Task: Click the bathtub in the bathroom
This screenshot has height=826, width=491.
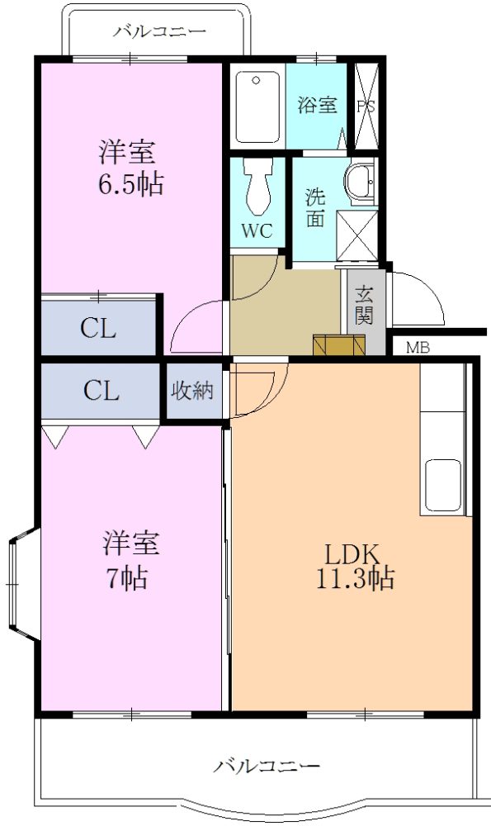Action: pyautogui.click(x=257, y=107)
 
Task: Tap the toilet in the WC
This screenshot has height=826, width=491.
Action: pyautogui.click(x=257, y=186)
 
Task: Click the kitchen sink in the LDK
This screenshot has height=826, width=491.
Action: pyautogui.click(x=442, y=485)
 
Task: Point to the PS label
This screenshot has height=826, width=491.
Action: pyautogui.click(x=366, y=107)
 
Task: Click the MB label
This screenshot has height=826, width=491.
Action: pyautogui.click(x=418, y=348)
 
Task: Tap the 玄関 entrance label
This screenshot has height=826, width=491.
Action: pyautogui.click(x=364, y=306)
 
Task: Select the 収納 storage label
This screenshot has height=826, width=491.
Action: pyautogui.click(x=192, y=391)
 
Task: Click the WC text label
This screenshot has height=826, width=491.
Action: pyautogui.click(x=257, y=230)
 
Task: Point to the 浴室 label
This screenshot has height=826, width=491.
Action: pyautogui.click(x=317, y=105)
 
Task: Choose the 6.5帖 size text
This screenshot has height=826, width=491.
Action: pyautogui.click(x=131, y=184)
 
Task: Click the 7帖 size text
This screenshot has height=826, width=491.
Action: pyautogui.click(x=127, y=578)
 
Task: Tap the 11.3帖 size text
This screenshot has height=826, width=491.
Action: pyautogui.click(x=355, y=578)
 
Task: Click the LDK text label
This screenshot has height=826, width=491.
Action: pyautogui.click(x=352, y=554)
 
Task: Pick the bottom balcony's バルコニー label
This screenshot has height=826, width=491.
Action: pyautogui.click(x=267, y=766)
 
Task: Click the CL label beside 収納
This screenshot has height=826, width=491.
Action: pyautogui.click(x=101, y=392)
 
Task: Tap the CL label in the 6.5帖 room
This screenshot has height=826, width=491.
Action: pyautogui.click(x=98, y=330)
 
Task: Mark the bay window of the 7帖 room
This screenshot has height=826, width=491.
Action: pyautogui.click(x=24, y=584)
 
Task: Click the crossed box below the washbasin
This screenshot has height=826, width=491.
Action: pyautogui.click(x=356, y=235)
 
